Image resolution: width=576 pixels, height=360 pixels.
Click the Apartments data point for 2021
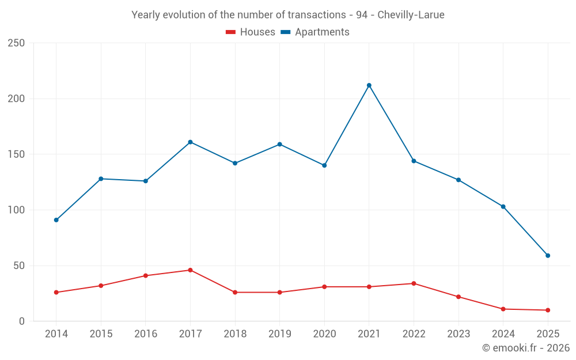369,85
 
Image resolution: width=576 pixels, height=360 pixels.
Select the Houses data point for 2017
190,270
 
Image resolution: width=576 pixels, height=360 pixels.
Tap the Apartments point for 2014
56,220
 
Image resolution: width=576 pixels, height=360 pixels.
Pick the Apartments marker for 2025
548,256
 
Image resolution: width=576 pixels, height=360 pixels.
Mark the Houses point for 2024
503,309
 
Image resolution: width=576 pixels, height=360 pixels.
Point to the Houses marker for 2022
414,283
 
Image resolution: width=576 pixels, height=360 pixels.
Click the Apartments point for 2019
279,144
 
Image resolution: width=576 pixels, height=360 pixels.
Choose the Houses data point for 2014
56,293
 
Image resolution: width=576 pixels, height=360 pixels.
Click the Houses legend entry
251,32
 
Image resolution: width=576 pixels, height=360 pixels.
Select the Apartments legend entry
315,32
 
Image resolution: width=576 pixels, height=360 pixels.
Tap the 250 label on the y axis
16,43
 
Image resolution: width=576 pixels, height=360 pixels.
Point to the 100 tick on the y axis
16,210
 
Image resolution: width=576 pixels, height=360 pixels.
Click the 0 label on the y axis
21,321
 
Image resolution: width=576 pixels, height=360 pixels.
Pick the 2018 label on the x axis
235,334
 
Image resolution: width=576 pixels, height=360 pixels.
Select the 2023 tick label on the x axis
458,334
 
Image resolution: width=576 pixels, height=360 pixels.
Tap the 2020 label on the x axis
324,334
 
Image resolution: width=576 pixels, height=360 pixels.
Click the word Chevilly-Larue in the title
411,15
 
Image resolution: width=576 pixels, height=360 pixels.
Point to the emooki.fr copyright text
526,348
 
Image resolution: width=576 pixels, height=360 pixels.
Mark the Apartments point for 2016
145,181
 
